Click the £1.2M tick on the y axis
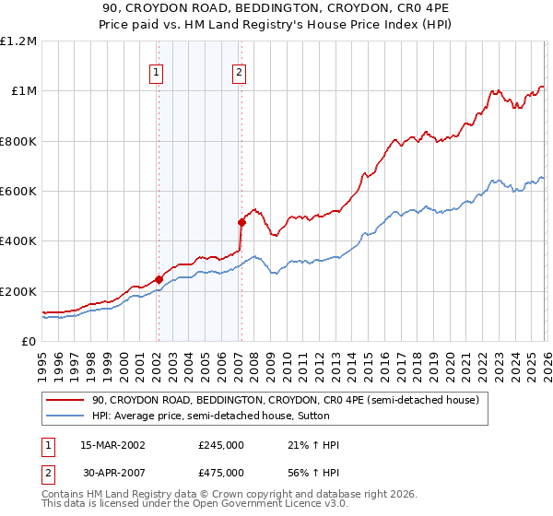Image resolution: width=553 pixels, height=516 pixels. pyautogui.click(x=18, y=41)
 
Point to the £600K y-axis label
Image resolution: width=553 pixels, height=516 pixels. pyautogui.click(x=18, y=192)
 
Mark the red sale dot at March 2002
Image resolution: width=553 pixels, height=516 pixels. pyautogui.click(x=159, y=279)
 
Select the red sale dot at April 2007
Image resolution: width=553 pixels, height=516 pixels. pyautogui.click(x=241, y=222)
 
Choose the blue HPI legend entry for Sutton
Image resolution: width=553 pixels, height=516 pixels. pyautogui.click(x=231, y=416)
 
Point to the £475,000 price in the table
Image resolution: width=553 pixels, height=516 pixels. pyautogui.click(x=220, y=473)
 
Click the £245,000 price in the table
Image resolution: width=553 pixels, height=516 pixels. pyautogui.click(x=220, y=445)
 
